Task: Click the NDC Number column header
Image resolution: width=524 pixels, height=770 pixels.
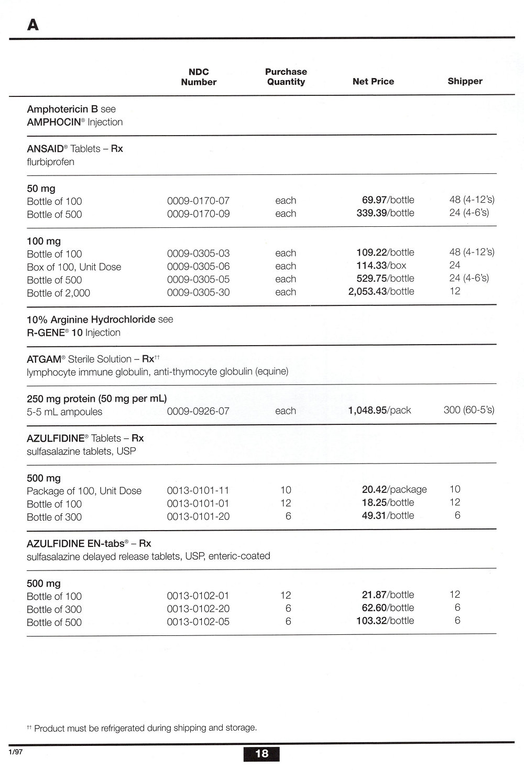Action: pos(199,77)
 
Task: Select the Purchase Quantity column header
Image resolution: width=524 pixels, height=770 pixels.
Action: pos(286,77)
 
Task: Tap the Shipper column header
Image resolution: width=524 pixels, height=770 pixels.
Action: pos(465,81)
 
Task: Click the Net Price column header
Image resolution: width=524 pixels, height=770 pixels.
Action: pos(373,82)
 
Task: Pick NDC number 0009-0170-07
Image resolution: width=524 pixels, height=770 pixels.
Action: pos(198,201)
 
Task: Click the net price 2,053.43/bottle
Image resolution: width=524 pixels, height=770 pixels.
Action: pos(381,292)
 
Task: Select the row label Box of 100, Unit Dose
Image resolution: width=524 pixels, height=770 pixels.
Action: pos(74,267)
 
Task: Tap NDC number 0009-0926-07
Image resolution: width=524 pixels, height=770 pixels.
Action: pos(198,411)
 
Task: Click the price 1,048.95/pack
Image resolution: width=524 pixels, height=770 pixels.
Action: pos(379,410)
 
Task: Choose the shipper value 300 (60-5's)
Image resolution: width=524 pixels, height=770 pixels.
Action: pos(468,410)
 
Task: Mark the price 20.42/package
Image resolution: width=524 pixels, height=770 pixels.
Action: pos(394,490)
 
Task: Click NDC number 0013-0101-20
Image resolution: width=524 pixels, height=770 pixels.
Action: pos(198,517)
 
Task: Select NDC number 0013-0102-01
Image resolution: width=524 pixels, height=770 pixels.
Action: pos(198,596)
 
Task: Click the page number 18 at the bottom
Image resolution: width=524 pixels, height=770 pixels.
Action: pos(261,754)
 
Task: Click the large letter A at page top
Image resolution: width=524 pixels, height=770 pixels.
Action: pos(32,25)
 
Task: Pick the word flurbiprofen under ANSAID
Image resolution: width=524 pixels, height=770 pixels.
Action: pos(50,162)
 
